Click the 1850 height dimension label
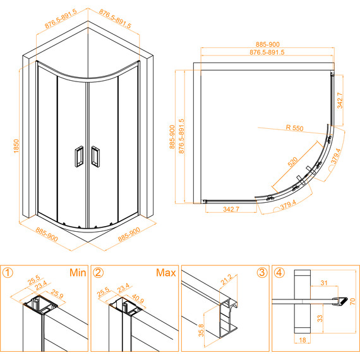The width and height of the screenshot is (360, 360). coord(16,146)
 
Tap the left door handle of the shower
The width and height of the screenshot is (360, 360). coord(79,157)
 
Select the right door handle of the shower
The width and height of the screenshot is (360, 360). coord(95,157)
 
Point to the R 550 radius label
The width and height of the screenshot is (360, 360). coord(294,128)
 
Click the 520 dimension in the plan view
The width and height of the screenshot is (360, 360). coord(292,162)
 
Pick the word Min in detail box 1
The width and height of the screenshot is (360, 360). coord(78,272)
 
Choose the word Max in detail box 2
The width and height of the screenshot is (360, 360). coord(165,272)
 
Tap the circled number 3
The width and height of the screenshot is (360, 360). coord(262,272)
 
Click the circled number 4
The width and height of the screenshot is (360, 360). coord(279,272)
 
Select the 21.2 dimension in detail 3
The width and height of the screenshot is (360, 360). coord(226,280)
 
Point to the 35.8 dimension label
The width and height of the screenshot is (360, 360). coord(201,330)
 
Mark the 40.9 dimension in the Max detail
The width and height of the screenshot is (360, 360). coord(138,299)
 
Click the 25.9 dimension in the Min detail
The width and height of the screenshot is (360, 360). coord(57,294)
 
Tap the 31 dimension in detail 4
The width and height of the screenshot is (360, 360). coord(324,282)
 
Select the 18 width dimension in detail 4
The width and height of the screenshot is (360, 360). coord(303,340)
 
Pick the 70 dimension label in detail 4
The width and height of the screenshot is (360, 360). coord(352,301)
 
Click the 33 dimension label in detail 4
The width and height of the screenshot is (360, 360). coord(320,318)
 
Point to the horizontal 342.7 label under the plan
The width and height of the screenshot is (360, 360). coord(231,209)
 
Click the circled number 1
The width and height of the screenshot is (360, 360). coord(8,272)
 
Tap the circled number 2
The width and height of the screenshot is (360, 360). coord(98,272)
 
